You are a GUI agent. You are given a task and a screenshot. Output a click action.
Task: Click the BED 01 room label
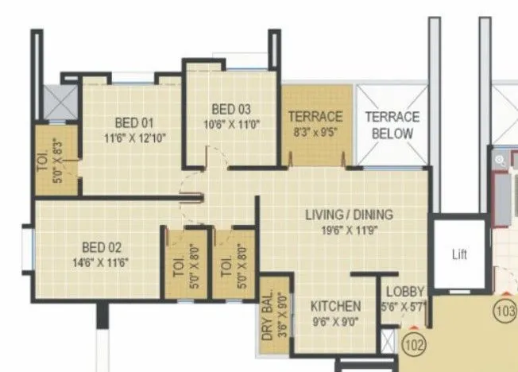(x=133, y=123)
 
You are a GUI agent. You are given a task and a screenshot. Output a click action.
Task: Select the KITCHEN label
(x=335, y=306)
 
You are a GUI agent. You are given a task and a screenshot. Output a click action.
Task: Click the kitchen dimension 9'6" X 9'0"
(x=335, y=321)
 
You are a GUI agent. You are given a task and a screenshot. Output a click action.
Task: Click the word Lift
(x=459, y=255)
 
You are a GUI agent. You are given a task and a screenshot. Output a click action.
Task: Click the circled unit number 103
(x=505, y=309)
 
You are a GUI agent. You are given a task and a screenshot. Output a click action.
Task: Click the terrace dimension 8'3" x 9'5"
(x=315, y=132)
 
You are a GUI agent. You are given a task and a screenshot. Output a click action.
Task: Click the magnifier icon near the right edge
(x=501, y=161)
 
